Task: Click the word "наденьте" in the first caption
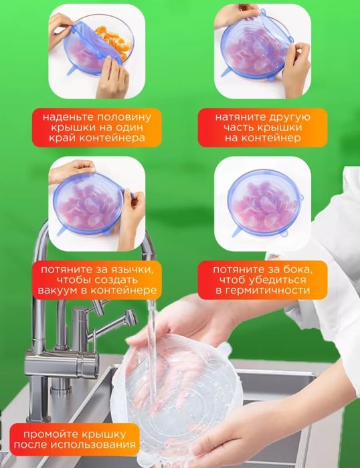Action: tap(66, 116)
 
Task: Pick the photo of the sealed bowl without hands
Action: tap(262, 204)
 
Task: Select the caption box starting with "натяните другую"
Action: tap(262, 127)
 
